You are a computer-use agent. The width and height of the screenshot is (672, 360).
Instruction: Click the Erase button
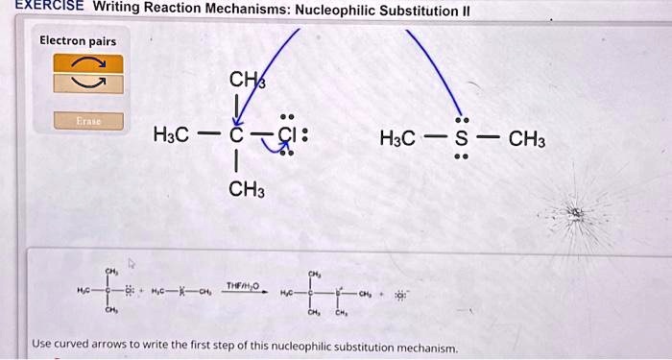click(x=87, y=121)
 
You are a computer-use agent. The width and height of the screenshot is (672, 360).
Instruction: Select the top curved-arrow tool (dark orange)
click(x=87, y=63)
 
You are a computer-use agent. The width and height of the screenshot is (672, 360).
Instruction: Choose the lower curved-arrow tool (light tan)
click(x=87, y=84)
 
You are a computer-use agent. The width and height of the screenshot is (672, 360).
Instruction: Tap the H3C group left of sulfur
click(x=399, y=137)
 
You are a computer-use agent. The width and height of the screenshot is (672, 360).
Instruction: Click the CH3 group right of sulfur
click(x=527, y=137)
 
